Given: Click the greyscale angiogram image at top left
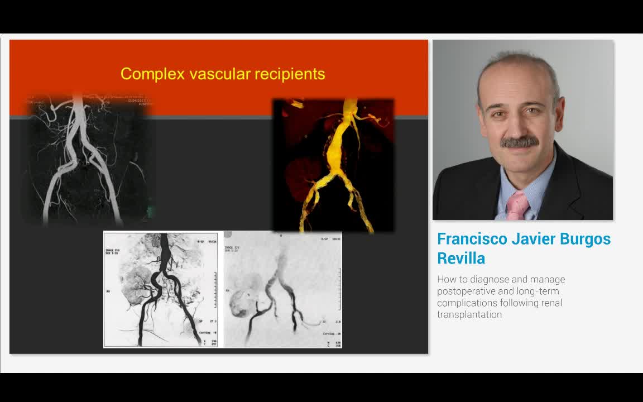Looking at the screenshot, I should click(x=89, y=162).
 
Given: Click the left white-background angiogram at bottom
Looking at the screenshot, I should click(x=161, y=289).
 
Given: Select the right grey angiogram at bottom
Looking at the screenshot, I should click(x=282, y=289).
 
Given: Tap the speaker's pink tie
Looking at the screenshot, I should click(x=517, y=205).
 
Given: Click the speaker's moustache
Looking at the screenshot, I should click(x=519, y=142).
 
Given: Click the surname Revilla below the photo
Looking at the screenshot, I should click(x=461, y=259).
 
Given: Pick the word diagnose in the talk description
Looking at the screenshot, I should click(x=484, y=280).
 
